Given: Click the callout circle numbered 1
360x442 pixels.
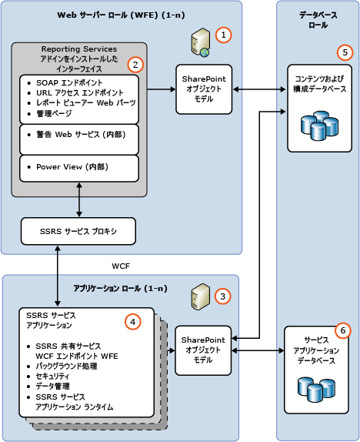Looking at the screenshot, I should [x=222, y=35].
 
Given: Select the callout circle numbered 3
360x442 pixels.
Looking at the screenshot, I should [x=222, y=296].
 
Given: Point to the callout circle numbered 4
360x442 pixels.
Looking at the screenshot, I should [x=134, y=322].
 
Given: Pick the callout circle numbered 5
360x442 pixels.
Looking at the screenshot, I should [x=345, y=53].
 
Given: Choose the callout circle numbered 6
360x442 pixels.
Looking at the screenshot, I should [x=343, y=330].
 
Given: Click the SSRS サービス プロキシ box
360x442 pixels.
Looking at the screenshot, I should [x=78, y=231].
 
